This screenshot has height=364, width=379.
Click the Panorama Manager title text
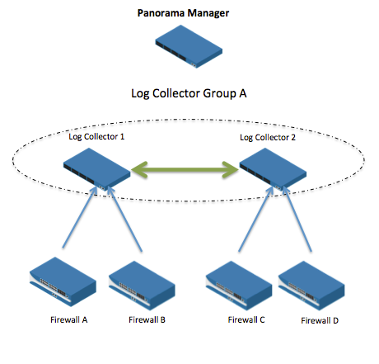[x=189, y=13]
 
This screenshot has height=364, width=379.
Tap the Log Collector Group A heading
[x=189, y=93]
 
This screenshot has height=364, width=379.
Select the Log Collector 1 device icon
[x=96, y=169]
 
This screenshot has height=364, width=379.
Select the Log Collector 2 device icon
[x=273, y=169]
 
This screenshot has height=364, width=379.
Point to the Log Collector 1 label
[x=96, y=135]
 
